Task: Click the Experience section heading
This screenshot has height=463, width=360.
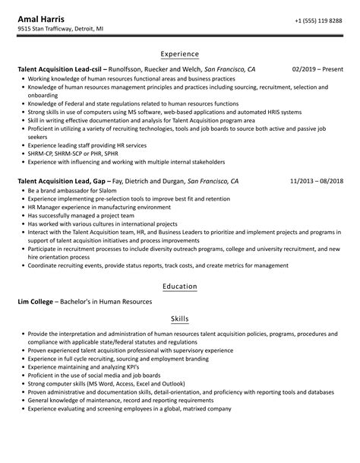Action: tap(180, 54)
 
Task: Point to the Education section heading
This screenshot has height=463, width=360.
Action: tap(180, 286)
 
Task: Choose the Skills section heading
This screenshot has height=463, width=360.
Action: tap(180, 320)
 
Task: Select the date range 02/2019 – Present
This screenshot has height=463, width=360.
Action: tap(317, 69)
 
